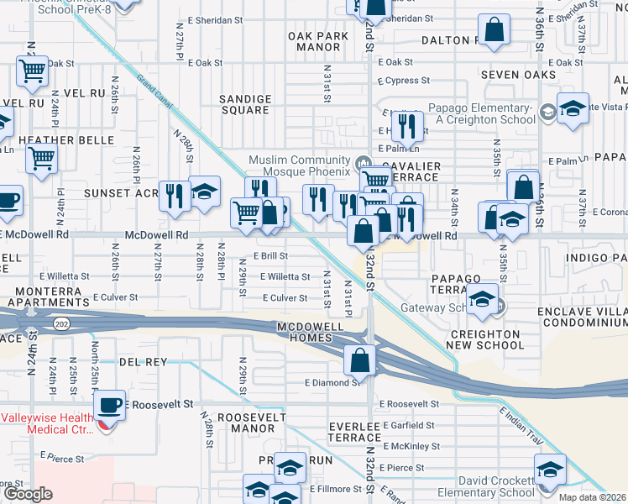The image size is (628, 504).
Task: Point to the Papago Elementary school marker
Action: click(573, 109)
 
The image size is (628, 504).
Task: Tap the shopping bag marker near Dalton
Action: click(496, 31)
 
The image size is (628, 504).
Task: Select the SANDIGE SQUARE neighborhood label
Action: click(245, 104)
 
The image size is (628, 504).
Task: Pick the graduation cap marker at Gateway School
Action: click(482, 301)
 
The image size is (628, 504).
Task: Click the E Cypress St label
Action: click(403, 81)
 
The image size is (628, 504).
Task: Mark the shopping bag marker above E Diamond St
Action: click(359, 360)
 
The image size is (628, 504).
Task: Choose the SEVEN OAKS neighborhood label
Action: click(519, 76)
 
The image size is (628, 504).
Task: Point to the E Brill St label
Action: click(270, 256)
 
